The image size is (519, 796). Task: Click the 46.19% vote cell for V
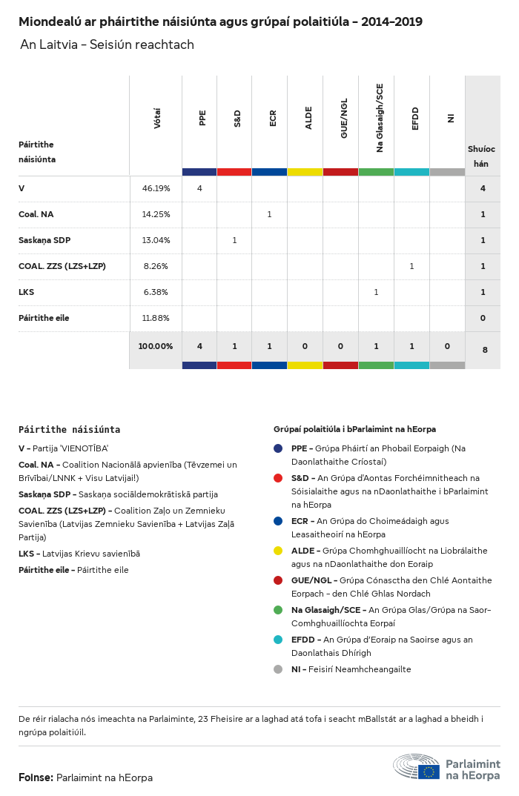point(156,188)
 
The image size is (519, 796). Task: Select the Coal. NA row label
point(36,214)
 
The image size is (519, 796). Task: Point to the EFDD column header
point(415,119)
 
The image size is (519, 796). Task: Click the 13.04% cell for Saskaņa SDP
point(156,240)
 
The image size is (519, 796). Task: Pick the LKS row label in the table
point(27,292)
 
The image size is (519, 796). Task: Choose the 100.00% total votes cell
point(156,346)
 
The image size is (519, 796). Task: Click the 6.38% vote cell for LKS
point(156,292)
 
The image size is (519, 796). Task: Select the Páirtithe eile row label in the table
point(44,318)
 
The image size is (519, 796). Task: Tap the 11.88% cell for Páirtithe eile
point(156,318)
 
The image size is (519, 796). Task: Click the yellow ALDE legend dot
point(278,551)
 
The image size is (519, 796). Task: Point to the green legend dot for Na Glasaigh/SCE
point(278,610)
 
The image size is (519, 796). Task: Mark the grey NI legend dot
point(278,669)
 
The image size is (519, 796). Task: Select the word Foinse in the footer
point(36,777)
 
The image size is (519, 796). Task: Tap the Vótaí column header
point(157,119)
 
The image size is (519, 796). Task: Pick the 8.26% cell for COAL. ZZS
point(156,266)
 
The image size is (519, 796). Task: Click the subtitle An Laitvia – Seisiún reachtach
point(107,44)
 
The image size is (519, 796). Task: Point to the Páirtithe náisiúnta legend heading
point(69,429)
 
